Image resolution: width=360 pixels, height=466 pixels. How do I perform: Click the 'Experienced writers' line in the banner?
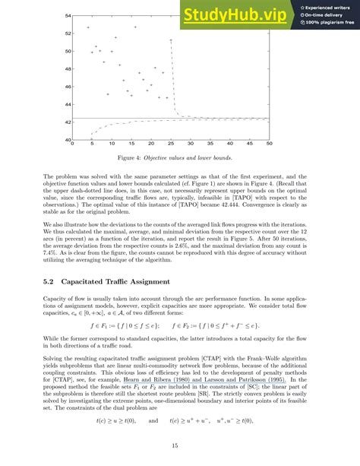coord(329,6)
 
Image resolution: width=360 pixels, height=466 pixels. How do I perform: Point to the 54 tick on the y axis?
coord(68,15)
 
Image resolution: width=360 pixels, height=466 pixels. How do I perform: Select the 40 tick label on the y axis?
coord(68,140)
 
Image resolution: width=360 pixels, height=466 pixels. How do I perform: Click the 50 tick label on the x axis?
coord(270,144)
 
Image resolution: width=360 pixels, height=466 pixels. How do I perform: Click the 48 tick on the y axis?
coord(68,69)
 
